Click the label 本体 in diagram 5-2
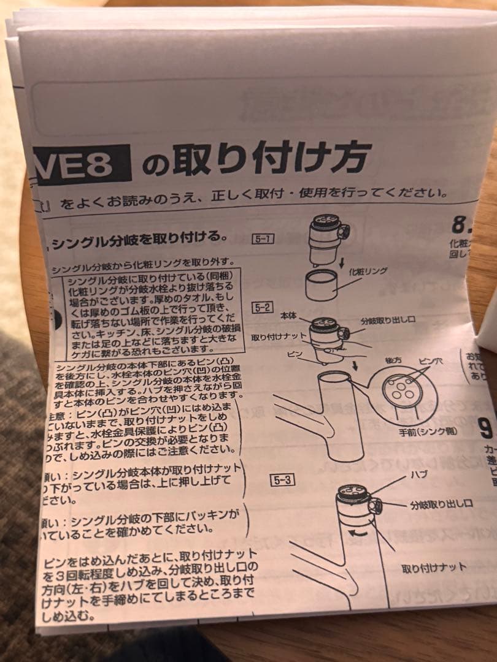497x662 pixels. point(288,315)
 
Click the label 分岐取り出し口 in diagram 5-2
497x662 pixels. point(388,321)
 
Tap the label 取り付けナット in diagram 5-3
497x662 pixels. point(434,568)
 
